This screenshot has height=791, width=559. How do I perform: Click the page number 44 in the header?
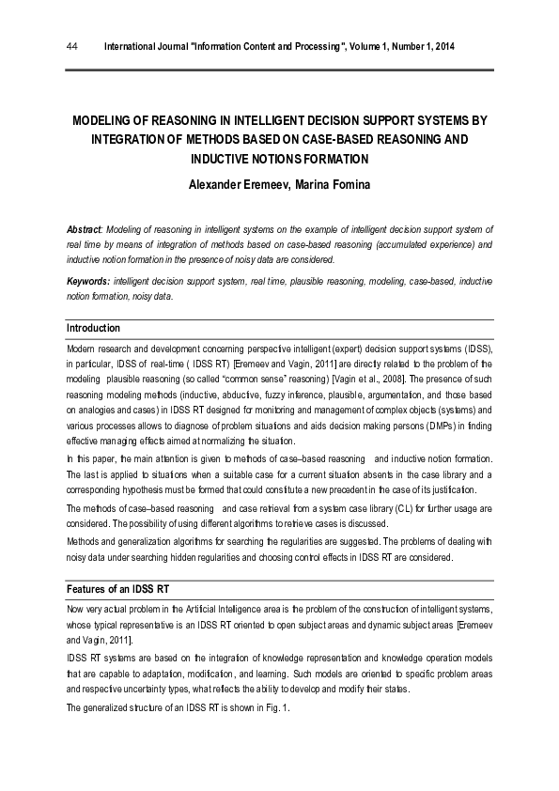tap(71, 46)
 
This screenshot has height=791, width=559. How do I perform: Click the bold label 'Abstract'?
tap(85, 229)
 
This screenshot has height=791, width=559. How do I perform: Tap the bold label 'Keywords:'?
tap(88, 281)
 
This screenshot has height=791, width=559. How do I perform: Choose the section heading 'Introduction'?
tap(93, 328)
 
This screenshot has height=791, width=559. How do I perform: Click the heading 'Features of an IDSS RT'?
tap(117, 589)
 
